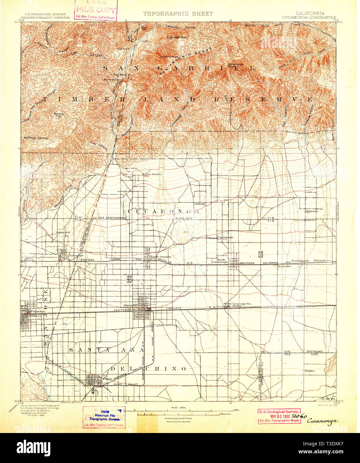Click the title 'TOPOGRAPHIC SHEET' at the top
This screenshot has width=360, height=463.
coord(178,14)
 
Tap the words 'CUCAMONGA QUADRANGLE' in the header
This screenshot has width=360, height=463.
coord(309,17)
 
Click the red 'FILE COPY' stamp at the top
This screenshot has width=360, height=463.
coord(96,10)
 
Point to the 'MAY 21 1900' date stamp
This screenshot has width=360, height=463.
coord(279,417)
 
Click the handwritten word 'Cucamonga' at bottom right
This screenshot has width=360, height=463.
coord(322,421)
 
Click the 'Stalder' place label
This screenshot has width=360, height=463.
coord(309,370)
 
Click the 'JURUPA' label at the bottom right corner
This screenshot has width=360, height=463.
coord(328,398)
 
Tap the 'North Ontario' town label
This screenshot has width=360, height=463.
coord(160,257)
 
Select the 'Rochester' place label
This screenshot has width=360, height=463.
coord(279,266)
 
